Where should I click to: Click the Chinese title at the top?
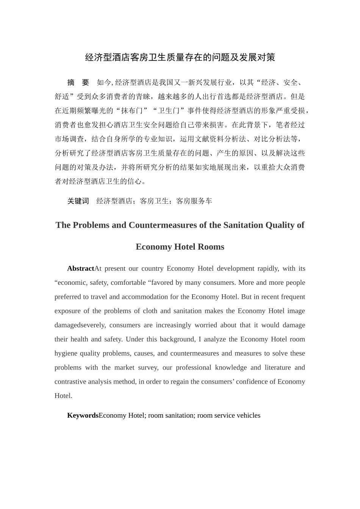180,58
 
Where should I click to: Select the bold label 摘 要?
78,83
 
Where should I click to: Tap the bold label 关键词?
78,201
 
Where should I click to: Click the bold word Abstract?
80,269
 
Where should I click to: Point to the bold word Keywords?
83,415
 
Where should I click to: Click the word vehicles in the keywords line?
248,415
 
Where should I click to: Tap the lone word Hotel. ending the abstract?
63,396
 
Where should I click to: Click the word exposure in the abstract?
67,311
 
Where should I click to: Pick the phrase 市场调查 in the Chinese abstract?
69,139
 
